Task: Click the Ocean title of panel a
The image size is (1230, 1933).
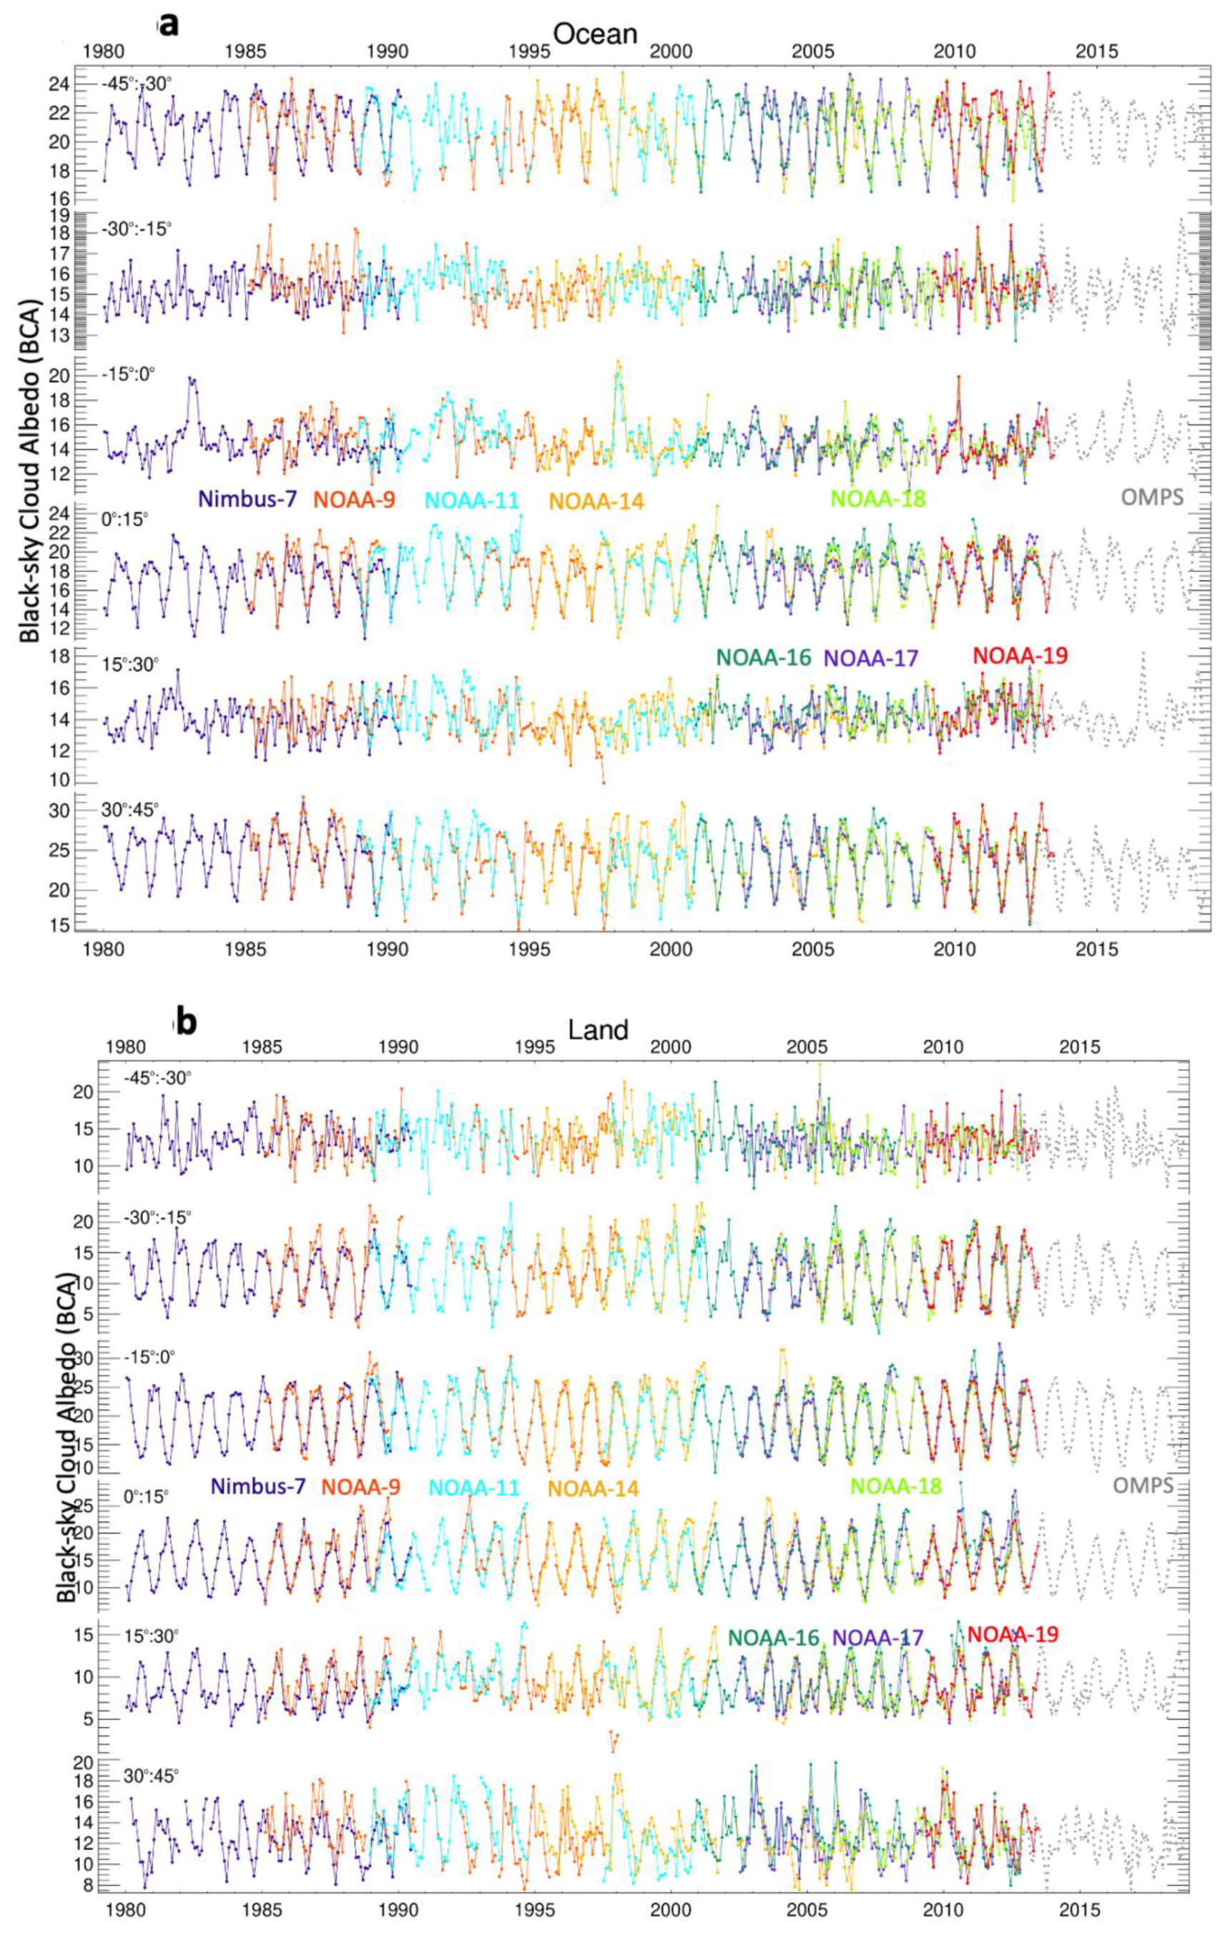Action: pos(596,33)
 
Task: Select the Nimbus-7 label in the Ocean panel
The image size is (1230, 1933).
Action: pos(247,499)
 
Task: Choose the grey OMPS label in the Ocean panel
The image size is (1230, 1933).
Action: pos(1152,497)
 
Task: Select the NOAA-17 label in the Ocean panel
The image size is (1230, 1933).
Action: pos(871,658)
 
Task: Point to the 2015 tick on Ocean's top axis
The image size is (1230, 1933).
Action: pos(1097,51)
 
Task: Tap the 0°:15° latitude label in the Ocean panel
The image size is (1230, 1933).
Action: pos(125,520)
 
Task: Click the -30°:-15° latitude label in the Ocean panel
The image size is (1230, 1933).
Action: pos(137,229)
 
